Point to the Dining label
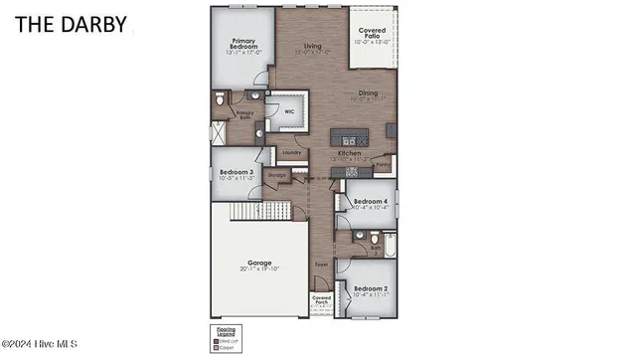click(368, 93)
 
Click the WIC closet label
click(289, 111)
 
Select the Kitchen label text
click(349, 154)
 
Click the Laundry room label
click(292, 152)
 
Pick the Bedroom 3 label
click(236, 172)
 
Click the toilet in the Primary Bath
click(221, 100)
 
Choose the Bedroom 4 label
click(372, 201)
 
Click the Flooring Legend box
click(224, 337)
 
